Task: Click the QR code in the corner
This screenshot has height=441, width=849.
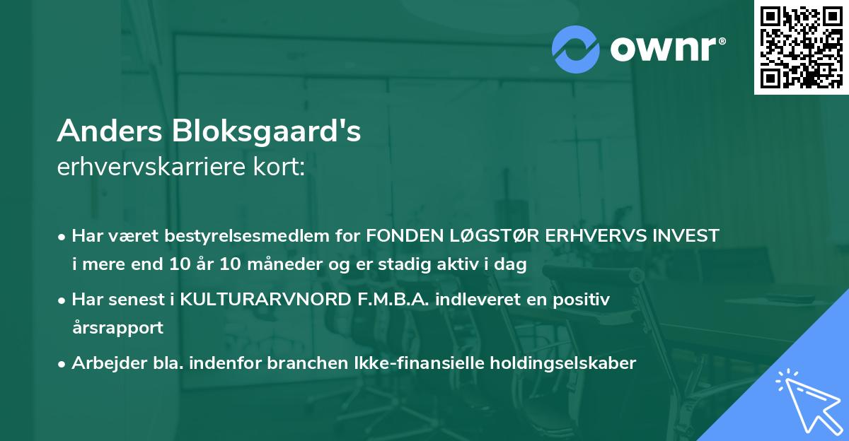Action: click(802, 47)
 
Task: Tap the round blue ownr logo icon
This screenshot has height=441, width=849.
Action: click(576, 49)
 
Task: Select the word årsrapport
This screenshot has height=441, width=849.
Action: click(117, 328)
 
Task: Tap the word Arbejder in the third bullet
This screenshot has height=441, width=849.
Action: click(100, 363)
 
